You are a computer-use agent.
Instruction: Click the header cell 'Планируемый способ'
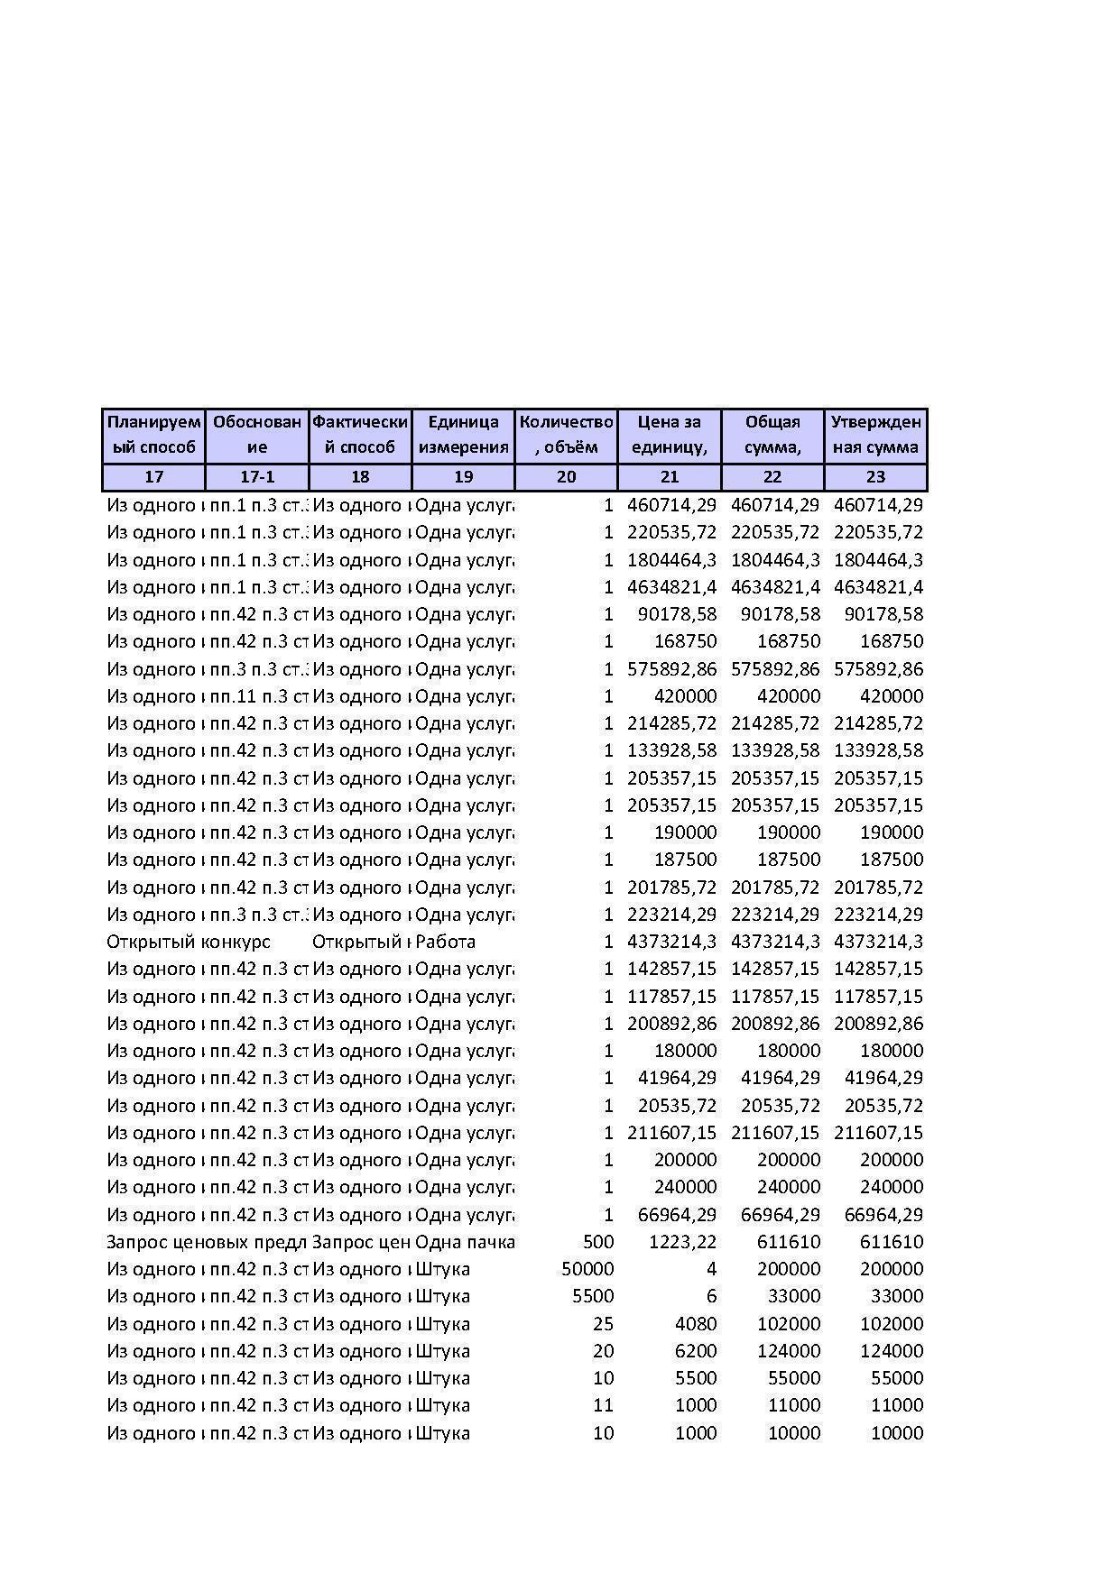pos(153,435)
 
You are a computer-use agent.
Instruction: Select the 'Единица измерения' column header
pos(463,435)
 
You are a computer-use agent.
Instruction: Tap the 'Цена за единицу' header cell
pos(669,435)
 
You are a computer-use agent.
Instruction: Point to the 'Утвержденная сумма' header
pos(875,435)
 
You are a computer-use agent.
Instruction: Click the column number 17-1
pos(257,477)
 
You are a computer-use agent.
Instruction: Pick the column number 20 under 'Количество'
pos(566,477)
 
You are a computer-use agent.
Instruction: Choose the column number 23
pos(875,477)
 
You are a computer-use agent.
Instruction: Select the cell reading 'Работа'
pos(445,942)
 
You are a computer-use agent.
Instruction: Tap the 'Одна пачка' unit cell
pos(464,1242)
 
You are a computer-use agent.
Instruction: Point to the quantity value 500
pos(598,1242)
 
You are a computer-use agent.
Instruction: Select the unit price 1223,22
pos(682,1242)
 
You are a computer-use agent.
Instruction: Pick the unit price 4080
pos(696,1324)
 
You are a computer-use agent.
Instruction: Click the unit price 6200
pos(696,1351)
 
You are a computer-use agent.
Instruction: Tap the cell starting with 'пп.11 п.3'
pos(259,696)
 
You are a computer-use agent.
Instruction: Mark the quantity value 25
pos(603,1324)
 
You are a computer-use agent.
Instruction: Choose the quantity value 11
pos(603,1405)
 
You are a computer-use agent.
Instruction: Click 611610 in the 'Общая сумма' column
pos(789,1242)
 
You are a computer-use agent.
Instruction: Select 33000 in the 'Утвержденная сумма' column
pos(897,1296)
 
